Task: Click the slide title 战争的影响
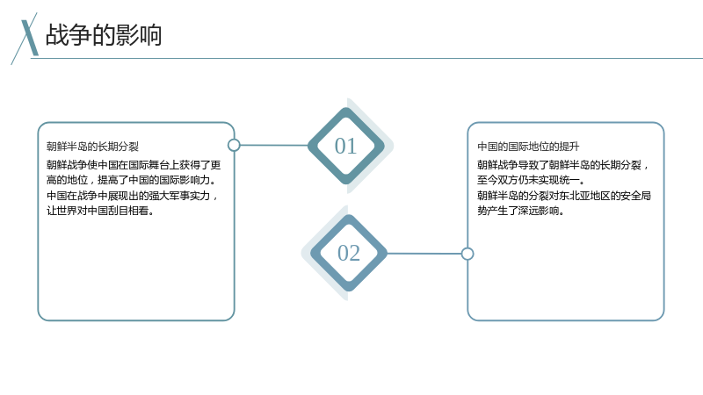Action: [x=104, y=35]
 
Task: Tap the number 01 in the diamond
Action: [x=345, y=146]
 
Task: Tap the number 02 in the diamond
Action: [x=349, y=253]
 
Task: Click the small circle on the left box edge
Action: [x=234, y=145]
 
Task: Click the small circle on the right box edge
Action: [x=467, y=254]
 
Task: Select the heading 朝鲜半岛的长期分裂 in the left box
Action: [x=93, y=147]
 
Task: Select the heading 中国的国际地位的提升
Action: [x=528, y=147]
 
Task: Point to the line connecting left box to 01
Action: [x=274, y=145]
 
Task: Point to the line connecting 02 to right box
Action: [x=424, y=254]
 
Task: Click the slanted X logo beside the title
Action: [x=27, y=38]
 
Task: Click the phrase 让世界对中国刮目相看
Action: [x=100, y=211]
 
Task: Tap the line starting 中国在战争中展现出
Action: [x=133, y=196]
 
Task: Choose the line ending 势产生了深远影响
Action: [x=520, y=211]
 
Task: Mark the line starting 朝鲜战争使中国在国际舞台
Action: [x=134, y=165]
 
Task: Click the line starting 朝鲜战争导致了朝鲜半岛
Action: [x=563, y=165]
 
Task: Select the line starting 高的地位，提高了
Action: [x=131, y=180]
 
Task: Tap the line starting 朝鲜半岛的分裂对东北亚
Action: [x=564, y=196]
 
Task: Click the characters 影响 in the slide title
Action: [x=139, y=35]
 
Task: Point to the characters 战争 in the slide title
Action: [x=69, y=35]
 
